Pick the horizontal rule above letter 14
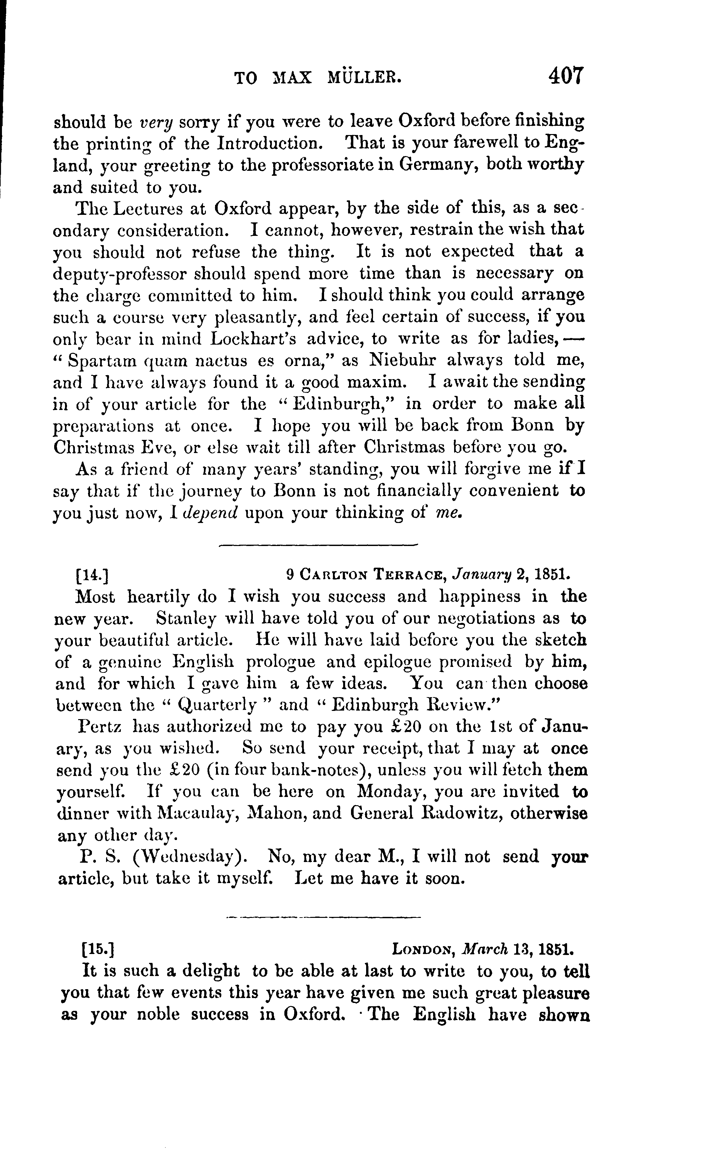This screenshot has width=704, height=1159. coord(319,545)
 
